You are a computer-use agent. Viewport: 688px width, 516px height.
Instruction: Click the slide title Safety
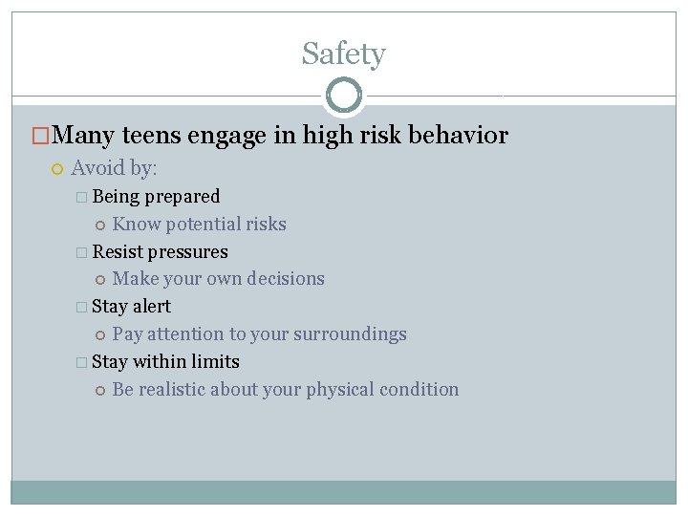pyautogui.click(x=343, y=54)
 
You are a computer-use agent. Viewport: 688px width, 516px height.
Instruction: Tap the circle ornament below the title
pyautogui.click(x=344, y=96)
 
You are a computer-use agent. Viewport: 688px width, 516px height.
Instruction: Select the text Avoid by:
pyautogui.click(x=114, y=168)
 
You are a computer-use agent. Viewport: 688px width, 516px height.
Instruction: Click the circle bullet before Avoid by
pyautogui.click(x=56, y=169)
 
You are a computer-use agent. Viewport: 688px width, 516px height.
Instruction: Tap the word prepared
pyautogui.click(x=182, y=197)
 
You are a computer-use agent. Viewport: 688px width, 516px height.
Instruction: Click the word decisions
pyautogui.click(x=286, y=279)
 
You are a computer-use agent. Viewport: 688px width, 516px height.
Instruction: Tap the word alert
pyautogui.click(x=152, y=307)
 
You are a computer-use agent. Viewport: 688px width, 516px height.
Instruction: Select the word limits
pyautogui.click(x=215, y=362)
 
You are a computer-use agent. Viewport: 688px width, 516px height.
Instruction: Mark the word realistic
pyautogui.click(x=172, y=390)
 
